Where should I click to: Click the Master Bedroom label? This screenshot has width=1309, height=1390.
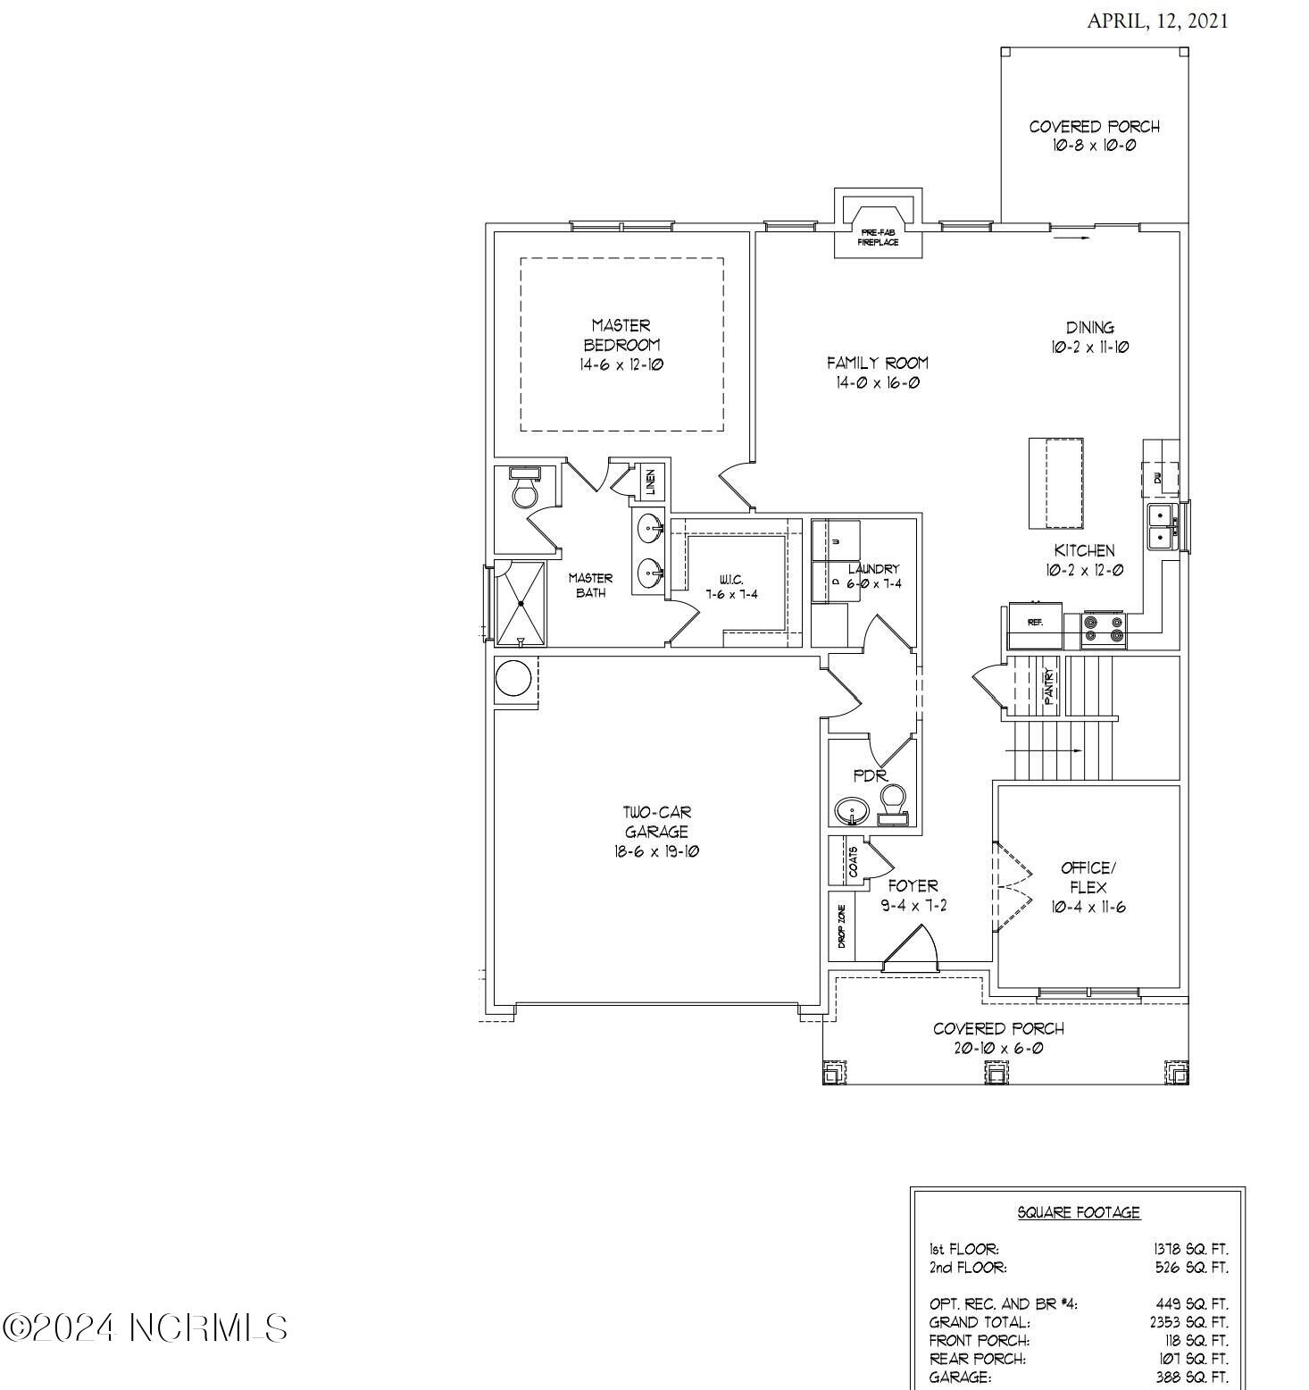(x=621, y=335)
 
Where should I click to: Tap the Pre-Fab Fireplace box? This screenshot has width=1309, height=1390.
(x=878, y=235)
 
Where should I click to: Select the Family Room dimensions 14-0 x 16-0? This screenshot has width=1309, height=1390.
(x=878, y=383)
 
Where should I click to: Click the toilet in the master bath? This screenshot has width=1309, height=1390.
(x=523, y=490)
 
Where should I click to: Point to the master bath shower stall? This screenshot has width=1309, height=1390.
(x=520, y=603)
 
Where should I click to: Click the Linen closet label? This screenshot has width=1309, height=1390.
(x=651, y=482)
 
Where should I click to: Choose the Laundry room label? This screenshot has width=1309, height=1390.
(x=873, y=569)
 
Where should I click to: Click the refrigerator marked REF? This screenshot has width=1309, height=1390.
(x=1035, y=623)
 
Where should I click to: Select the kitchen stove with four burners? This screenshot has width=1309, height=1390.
(x=1104, y=629)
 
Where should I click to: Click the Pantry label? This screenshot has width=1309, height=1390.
(x=1049, y=685)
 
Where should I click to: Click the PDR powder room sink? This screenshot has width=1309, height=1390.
(x=853, y=812)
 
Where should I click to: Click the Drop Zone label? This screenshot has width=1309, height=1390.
(x=841, y=926)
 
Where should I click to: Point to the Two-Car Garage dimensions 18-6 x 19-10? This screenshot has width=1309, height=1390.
(x=656, y=851)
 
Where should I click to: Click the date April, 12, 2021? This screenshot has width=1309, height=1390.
(x=1156, y=21)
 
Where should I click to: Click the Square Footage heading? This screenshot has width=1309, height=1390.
(x=1079, y=1212)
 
